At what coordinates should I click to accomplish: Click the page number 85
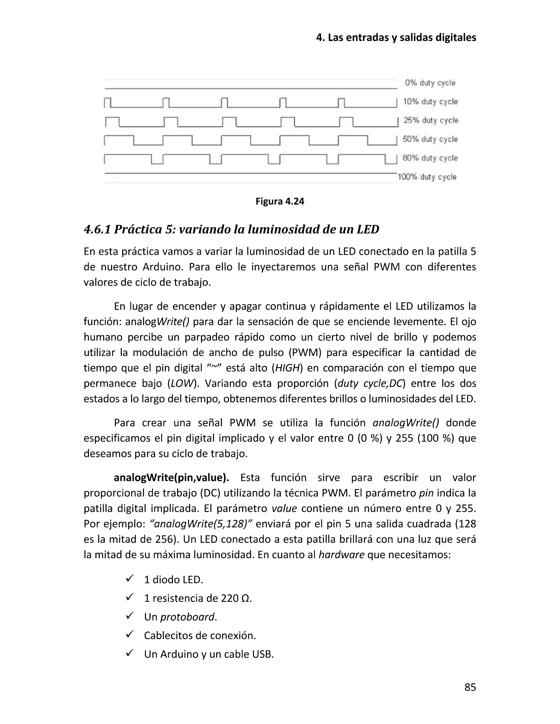coord(470,687)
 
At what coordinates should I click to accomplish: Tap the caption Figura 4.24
coord(280,202)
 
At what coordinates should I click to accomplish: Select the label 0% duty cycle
coord(430,83)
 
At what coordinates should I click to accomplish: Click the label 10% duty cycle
coord(430,102)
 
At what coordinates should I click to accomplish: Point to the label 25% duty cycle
coord(431,120)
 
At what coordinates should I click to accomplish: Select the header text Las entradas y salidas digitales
coord(402,38)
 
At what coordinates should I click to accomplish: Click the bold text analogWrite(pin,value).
coord(171,478)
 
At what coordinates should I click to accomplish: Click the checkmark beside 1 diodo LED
coord(129,579)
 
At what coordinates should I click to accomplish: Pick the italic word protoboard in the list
coord(187,617)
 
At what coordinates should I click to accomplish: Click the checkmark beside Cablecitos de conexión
coord(129,635)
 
